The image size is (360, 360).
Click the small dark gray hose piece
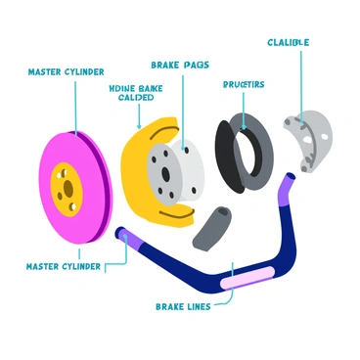[x=213, y=226]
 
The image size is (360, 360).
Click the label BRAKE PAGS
[x=180, y=65]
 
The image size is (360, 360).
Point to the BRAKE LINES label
[x=183, y=306]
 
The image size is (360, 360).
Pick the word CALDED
[x=135, y=98]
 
